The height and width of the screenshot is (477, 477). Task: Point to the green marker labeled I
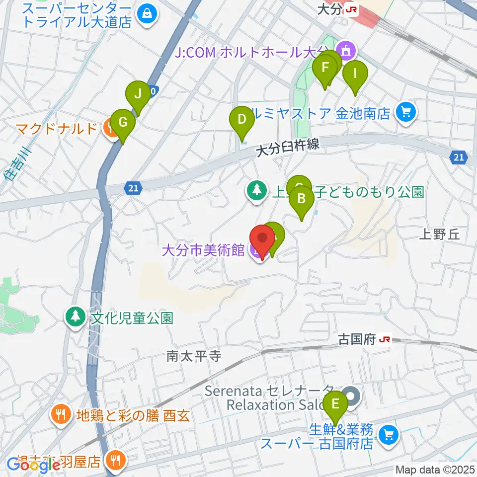pos(355,74)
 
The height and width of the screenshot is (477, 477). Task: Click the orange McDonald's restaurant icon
pos(109,129)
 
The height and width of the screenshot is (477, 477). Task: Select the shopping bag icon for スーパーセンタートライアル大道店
pos(148,13)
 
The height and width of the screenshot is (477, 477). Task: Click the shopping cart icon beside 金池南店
pos(406,113)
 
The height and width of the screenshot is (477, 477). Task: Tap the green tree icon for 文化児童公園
pos(76,317)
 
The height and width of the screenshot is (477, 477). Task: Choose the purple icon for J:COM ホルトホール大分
pos(344,50)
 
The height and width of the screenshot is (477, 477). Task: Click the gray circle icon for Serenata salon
pos(352,397)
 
